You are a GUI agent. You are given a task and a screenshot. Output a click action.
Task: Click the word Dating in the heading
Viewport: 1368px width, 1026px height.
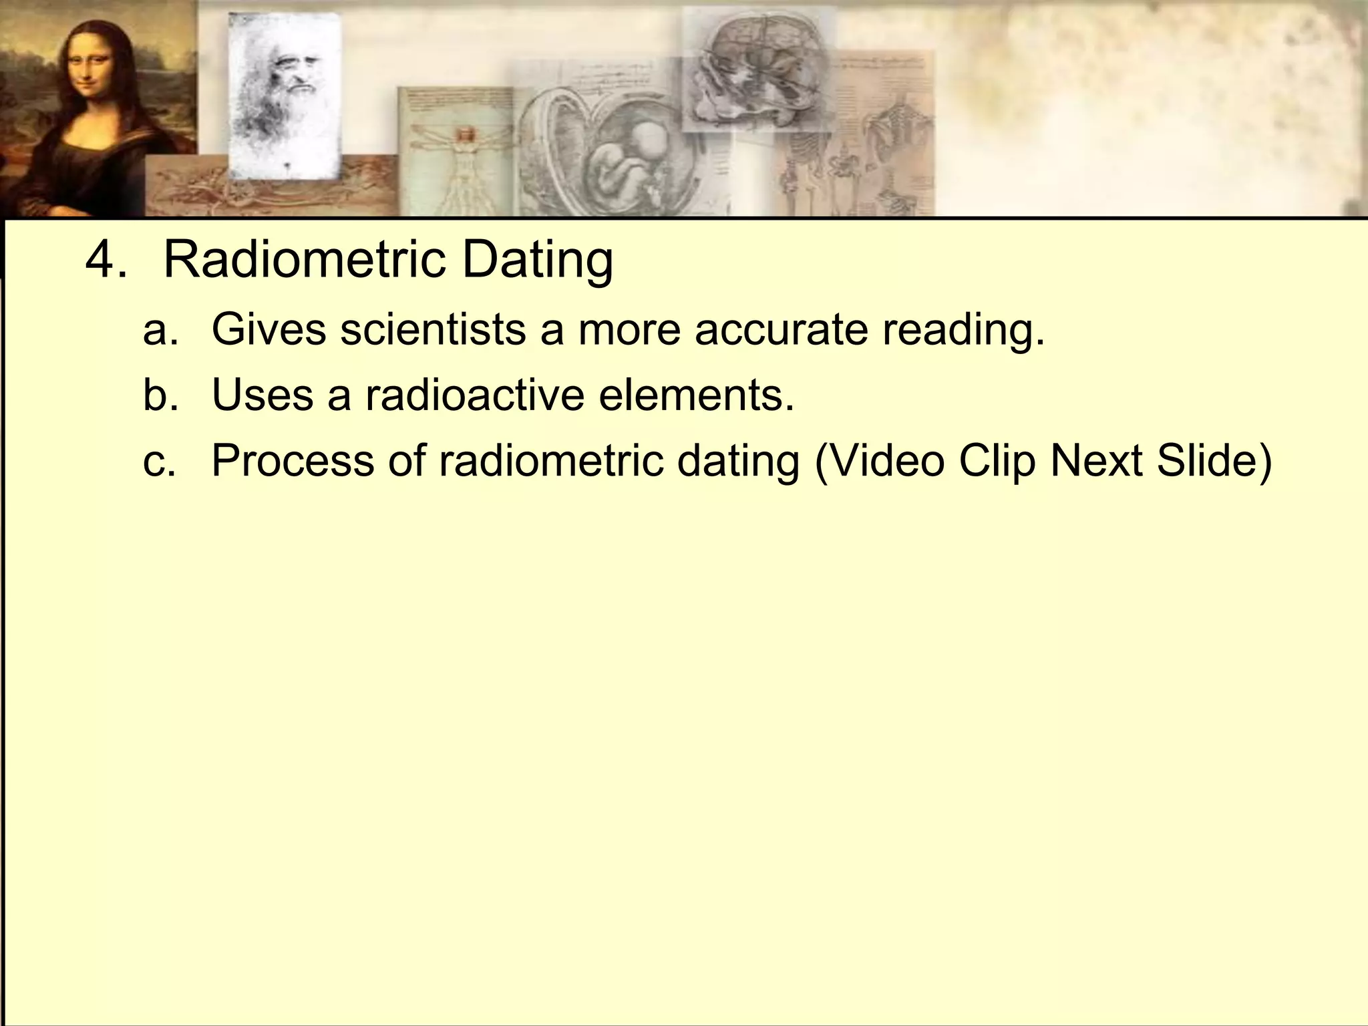[537, 261]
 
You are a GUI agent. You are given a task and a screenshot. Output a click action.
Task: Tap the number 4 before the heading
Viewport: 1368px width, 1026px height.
[100, 259]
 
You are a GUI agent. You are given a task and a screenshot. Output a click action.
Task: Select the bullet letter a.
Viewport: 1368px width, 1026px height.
[160, 329]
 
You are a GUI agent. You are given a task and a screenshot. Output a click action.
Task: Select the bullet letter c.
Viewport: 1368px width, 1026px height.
[160, 461]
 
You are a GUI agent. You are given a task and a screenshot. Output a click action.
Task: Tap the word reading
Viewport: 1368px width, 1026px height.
[963, 331]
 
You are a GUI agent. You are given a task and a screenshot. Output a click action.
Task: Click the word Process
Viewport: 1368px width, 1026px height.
[293, 461]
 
